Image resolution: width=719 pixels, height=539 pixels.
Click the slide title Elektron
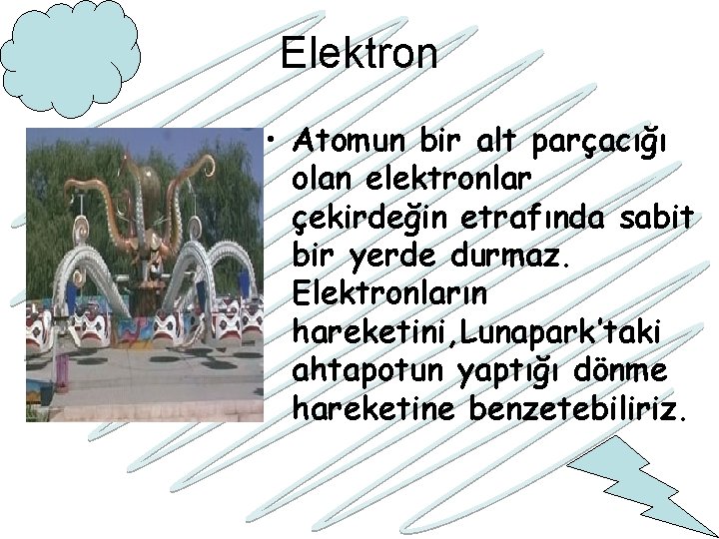(x=359, y=54)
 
